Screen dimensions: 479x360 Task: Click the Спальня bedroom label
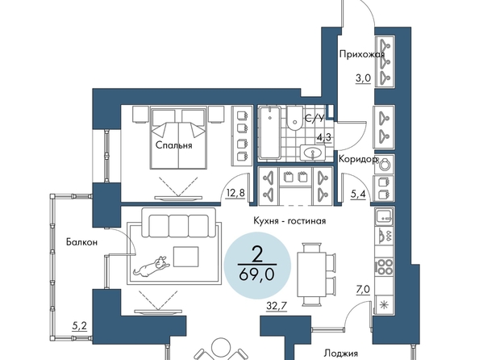[x=174, y=145]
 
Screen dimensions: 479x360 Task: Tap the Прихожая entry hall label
[x=362, y=54]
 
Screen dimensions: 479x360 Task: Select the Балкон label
[x=82, y=242]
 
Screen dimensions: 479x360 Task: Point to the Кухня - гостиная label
[x=289, y=220]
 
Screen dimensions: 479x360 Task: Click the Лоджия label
[x=340, y=354]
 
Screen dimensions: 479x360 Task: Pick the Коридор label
[x=358, y=159]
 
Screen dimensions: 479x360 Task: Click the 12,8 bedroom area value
[x=235, y=193]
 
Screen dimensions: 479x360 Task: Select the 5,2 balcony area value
[x=79, y=326]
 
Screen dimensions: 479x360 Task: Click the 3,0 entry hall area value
[x=363, y=78]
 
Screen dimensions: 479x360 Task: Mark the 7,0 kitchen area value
[x=363, y=289]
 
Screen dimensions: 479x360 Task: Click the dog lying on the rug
[x=152, y=266]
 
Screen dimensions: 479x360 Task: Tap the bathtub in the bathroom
[x=269, y=132]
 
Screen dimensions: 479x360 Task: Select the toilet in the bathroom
[x=295, y=119]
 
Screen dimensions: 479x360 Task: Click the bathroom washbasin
[x=313, y=153]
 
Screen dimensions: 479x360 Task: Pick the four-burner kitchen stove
[x=384, y=266]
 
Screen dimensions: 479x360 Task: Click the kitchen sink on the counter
[x=385, y=216]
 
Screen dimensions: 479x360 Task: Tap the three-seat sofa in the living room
[x=179, y=223]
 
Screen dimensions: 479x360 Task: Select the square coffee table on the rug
[x=186, y=257]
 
